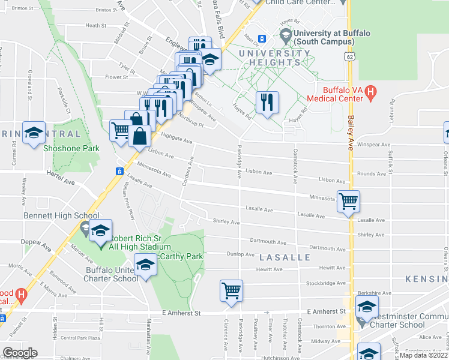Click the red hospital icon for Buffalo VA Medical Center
pos(371,93)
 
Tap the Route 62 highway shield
pos(349,56)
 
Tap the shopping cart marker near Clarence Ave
pos(231,291)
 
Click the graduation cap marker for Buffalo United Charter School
pos(145,265)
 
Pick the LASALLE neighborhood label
pos(285,257)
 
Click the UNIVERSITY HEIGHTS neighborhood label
pos(276,59)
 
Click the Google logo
pos(20,353)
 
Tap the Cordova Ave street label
pos(187,171)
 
